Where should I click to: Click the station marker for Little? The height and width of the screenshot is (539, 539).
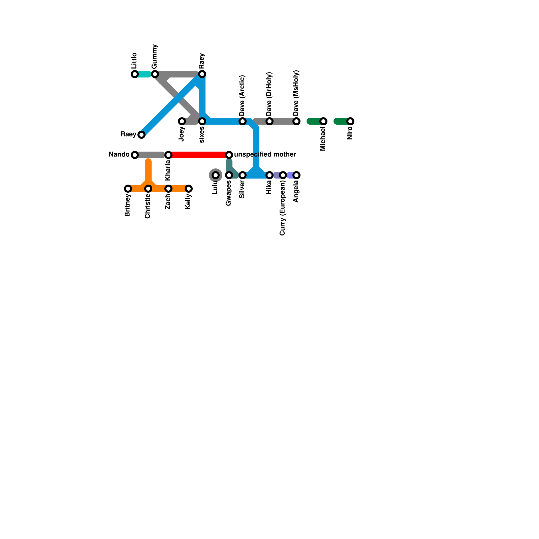135,74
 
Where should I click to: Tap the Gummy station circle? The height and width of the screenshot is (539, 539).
155,74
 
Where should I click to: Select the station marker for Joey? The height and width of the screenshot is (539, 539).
182,121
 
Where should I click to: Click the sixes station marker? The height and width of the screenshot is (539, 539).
202,121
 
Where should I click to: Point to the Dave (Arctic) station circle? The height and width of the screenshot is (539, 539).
243,121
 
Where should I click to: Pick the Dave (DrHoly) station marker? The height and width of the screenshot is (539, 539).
269,121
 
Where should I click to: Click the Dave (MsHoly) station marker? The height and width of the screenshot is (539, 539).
296,121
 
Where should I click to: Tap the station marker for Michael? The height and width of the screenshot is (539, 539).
323,121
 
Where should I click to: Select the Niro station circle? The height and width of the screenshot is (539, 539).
350,121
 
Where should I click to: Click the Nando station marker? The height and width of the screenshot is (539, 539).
135,155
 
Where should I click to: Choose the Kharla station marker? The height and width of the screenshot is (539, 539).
168,155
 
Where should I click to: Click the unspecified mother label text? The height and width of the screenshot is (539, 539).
265,155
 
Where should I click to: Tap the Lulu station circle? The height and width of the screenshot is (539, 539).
216,175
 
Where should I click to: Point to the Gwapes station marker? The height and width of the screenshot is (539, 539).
229,175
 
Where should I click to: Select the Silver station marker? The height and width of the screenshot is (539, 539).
243,175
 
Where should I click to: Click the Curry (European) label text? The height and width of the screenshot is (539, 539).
283,208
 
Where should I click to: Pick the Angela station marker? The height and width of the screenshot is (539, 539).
296,175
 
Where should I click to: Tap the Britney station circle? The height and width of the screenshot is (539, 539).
128,189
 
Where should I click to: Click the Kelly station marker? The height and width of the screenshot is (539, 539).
189,189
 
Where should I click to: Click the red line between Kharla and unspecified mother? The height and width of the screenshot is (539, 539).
199,155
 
